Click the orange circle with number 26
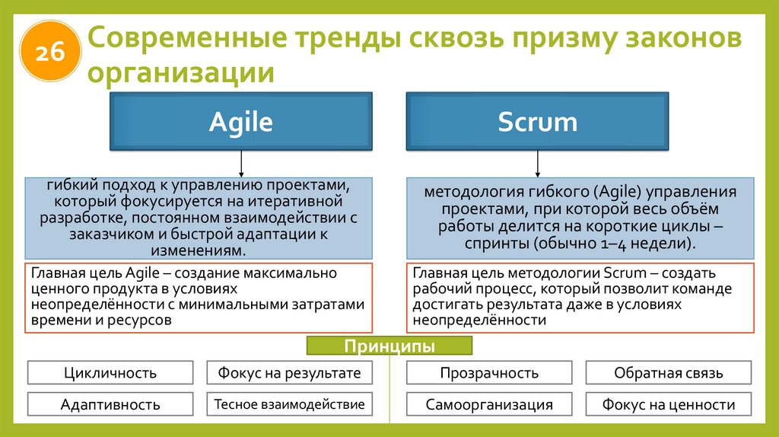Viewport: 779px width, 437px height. (49, 51)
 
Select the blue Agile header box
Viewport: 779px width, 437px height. (240, 122)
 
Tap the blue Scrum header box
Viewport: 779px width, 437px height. (537, 122)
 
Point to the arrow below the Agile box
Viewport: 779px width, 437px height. (241, 163)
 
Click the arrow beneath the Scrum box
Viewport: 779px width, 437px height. (538, 163)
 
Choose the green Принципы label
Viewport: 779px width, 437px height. (389, 347)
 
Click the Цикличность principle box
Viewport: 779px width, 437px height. (110, 372)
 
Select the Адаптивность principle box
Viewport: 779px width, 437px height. (110, 404)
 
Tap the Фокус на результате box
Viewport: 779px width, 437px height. (289, 372)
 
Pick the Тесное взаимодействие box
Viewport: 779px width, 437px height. (289, 404)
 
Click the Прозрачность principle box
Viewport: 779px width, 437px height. (489, 372)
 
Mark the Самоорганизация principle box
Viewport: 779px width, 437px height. (489, 404)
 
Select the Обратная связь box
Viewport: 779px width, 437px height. (669, 372)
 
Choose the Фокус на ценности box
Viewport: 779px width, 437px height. (669, 404)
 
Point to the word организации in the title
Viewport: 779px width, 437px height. (180, 74)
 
